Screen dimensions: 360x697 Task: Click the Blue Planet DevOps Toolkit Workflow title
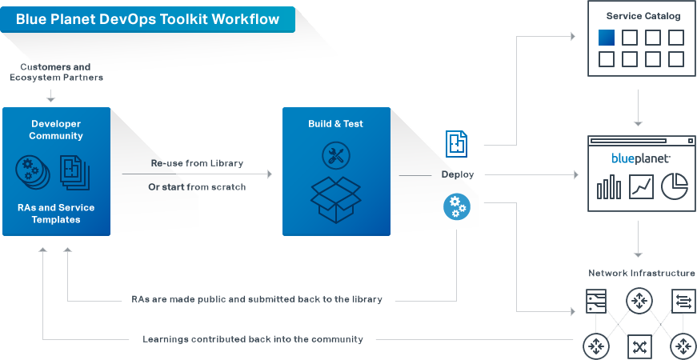point(148,19)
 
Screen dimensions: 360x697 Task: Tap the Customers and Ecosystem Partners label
point(56,72)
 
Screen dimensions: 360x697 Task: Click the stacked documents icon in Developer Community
point(75,171)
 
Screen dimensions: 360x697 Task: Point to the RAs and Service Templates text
point(56,214)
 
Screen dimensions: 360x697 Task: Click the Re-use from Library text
point(197,163)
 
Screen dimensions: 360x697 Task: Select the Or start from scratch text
point(197,187)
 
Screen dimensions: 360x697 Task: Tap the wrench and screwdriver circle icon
point(335,155)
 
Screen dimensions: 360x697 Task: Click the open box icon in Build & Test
point(335,198)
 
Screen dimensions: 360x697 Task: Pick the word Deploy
point(457,174)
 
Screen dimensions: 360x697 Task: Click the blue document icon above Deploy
point(457,143)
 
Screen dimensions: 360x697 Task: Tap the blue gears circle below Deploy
point(457,206)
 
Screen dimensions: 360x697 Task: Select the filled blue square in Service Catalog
point(607,38)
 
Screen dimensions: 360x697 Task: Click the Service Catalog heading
point(643,16)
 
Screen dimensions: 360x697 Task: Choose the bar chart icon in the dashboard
point(608,187)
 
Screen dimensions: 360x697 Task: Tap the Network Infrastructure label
point(642,273)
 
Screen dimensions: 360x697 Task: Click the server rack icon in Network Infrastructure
point(596,302)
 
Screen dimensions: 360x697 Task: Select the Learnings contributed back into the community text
point(253,339)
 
